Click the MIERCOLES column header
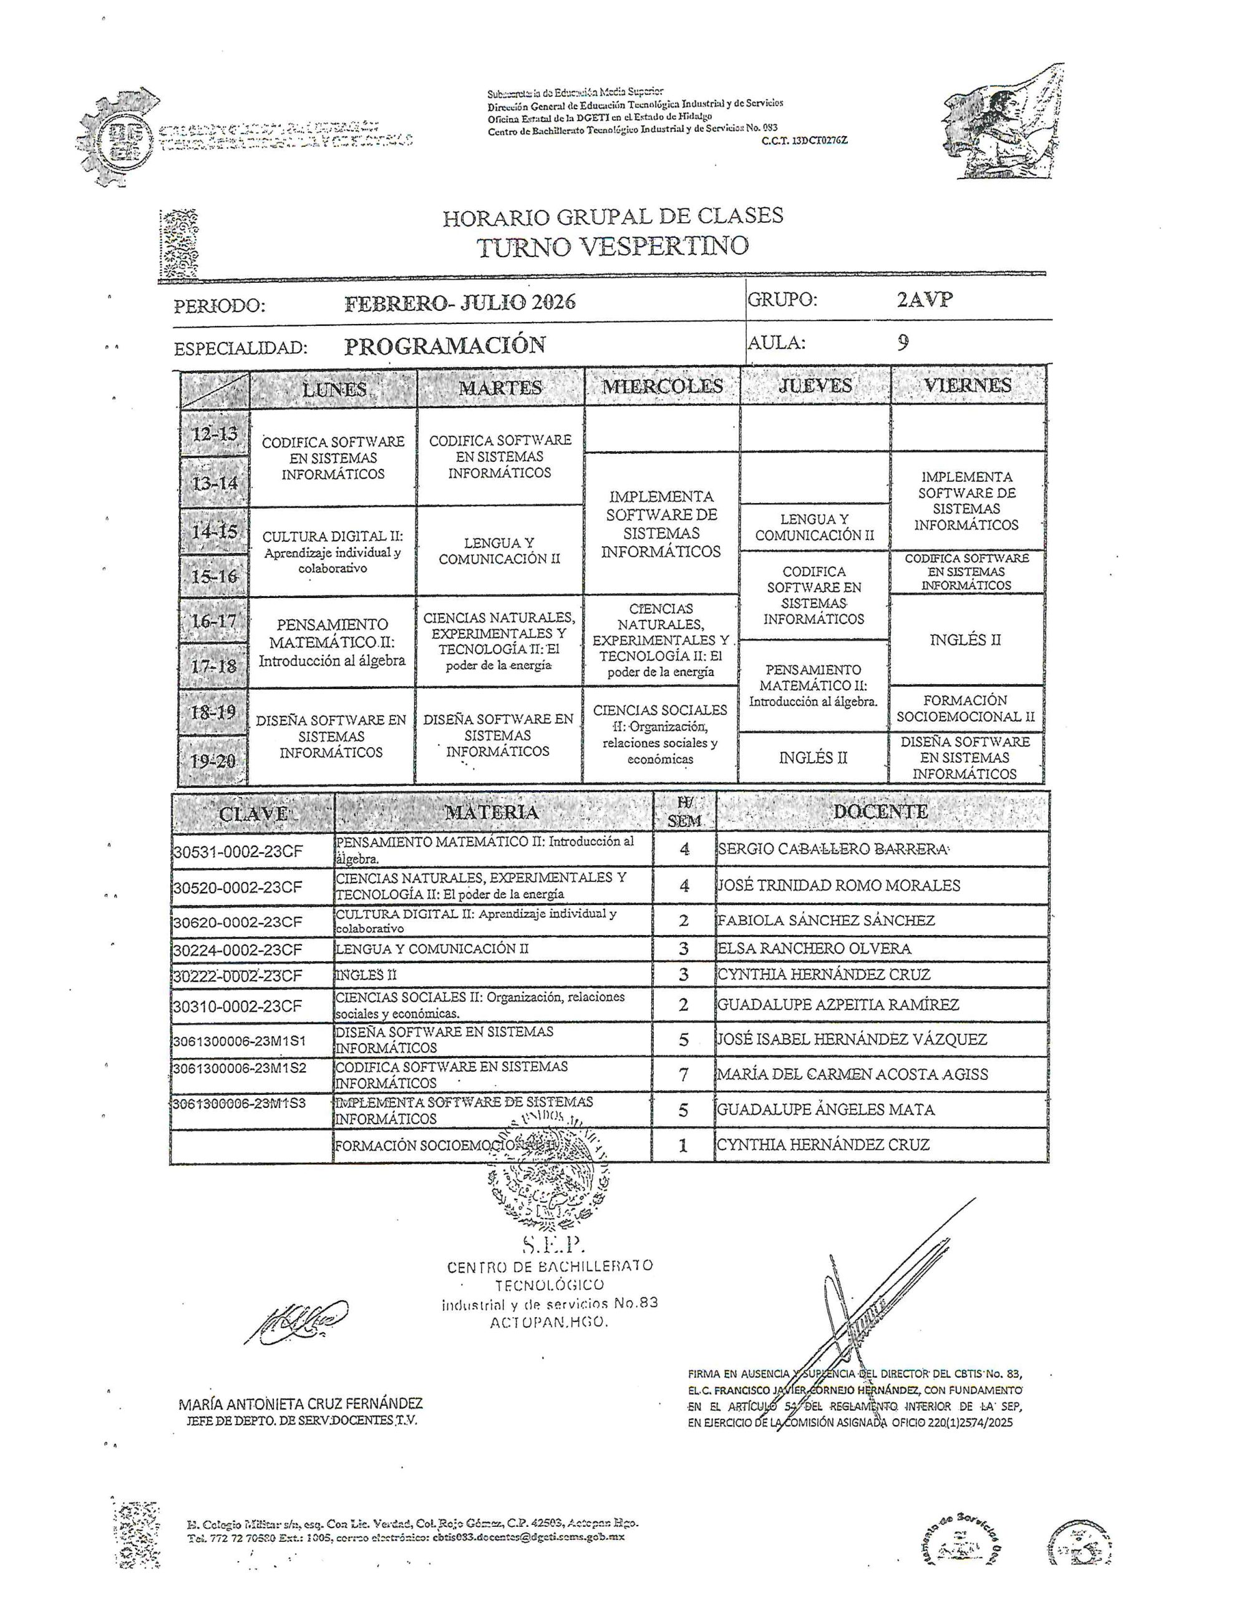[661, 386]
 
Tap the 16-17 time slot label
[213, 621]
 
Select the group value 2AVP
[924, 300]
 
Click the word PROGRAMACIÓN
[445, 345]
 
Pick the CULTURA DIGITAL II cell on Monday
[333, 551]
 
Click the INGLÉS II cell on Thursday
[813, 757]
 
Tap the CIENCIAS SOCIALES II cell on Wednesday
[660, 734]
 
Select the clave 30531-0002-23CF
[238, 851]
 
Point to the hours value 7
[683, 1074]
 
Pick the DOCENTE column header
[880, 811]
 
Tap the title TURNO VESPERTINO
[613, 247]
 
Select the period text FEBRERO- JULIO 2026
[459, 302]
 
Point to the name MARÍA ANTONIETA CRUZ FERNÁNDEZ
[301, 1403]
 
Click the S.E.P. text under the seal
[550, 1243]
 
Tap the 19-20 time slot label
[213, 760]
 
